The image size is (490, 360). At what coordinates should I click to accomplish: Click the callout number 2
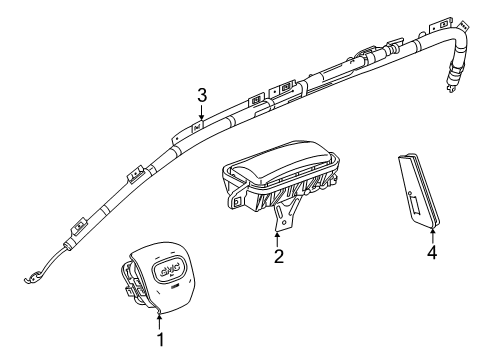pos(278,257)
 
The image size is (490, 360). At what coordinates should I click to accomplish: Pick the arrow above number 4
pos(432,234)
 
